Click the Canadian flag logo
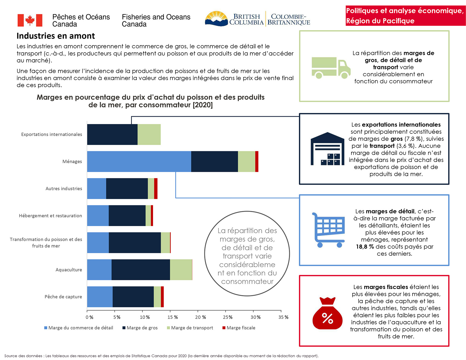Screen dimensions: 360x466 pyautogui.click(x=30, y=20)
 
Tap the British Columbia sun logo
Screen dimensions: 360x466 pyautogui.click(x=217, y=19)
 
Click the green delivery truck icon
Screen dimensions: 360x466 pyautogui.click(x=331, y=67)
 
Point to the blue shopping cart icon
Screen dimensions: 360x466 pyautogui.click(x=328, y=230)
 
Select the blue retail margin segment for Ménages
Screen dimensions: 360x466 pyautogui.click(x=139, y=161)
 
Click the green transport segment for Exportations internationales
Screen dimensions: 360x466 pyautogui.click(x=149, y=134)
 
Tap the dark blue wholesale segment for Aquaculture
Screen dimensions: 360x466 pyautogui.click(x=141, y=270)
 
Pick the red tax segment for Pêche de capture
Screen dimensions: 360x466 pyautogui.click(x=162, y=297)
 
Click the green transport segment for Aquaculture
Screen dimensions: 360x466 pyautogui.click(x=181, y=270)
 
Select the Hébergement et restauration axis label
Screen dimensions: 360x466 pyautogui.click(x=50, y=216)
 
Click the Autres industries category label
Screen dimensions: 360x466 pyautogui.click(x=64, y=188)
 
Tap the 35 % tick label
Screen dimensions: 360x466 pyautogui.click(x=283, y=317)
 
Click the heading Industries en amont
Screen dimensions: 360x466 pyautogui.click(x=56, y=36)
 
